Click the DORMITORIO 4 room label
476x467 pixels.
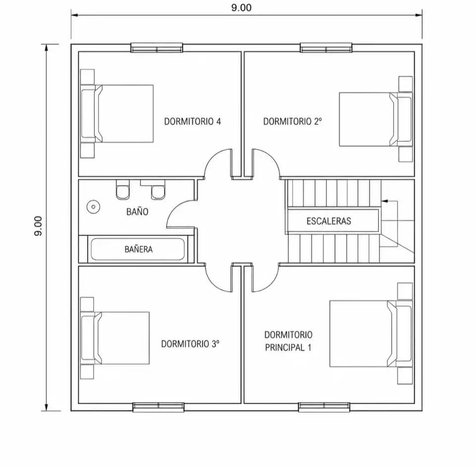click(192, 121)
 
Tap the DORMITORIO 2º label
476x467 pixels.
click(293, 121)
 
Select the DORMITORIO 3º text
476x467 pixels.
click(190, 344)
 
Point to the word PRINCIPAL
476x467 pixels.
click(285, 348)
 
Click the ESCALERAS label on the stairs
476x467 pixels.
click(329, 221)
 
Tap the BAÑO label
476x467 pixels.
click(137, 212)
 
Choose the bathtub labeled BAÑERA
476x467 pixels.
click(138, 249)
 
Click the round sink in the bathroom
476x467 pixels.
click(93, 207)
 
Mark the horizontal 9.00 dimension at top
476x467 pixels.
click(241, 7)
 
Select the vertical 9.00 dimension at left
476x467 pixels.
click(38, 226)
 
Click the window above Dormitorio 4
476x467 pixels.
click(157, 48)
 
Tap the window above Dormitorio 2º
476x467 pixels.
click(326, 48)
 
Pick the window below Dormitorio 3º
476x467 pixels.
click(159, 407)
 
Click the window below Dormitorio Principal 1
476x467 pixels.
click(324, 407)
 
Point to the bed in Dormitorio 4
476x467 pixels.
click(117, 114)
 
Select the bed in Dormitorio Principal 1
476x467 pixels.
click(371, 334)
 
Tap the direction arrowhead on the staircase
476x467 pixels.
click(385, 201)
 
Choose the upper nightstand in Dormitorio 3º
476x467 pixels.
click(87, 304)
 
